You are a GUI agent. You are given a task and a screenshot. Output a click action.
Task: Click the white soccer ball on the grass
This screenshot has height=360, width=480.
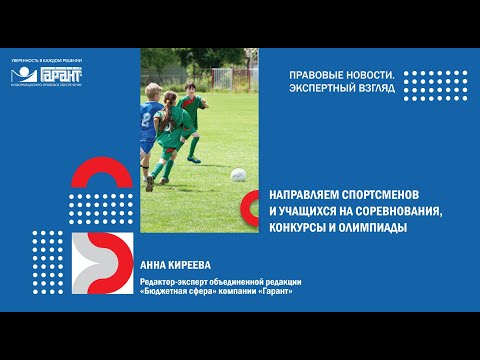tap(238, 175)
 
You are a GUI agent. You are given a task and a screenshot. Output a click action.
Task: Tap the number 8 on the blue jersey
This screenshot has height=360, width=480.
tap(148, 118)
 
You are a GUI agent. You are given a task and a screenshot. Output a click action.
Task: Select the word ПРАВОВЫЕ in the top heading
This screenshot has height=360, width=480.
tap(315, 76)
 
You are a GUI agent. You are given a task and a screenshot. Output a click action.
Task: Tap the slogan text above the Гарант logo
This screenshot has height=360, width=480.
tap(47, 62)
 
